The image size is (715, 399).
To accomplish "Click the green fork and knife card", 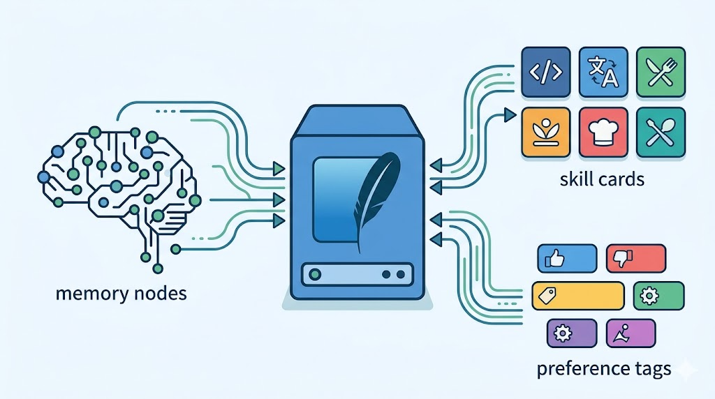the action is [661, 72].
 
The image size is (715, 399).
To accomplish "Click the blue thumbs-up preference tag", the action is [566, 258].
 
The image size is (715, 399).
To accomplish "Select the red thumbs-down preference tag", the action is [635, 258].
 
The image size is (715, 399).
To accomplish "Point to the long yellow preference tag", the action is [577, 296].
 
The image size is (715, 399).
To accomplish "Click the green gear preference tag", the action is [658, 296].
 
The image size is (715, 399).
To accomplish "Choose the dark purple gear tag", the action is [571, 333].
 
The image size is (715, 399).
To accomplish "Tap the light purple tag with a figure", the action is [631, 333].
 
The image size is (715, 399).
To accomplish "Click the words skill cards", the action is [601, 179].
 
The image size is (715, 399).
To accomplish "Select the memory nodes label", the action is [121, 293].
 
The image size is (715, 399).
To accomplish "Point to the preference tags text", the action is [604, 368].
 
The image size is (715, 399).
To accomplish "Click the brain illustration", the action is [119, 181].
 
